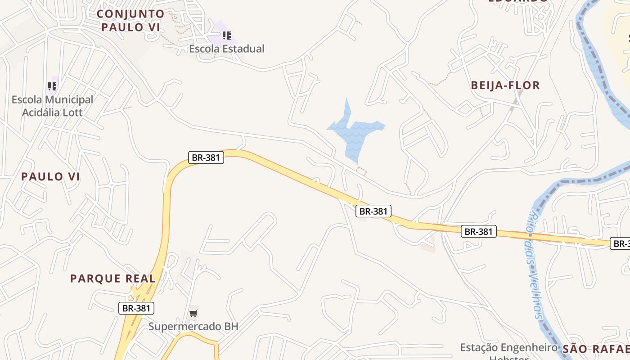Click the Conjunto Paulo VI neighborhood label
click(x=130, y=21)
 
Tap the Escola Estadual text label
click(x=227, y=49)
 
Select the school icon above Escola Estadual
click(x=227, y=35)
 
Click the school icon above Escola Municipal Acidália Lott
click(x=52, y=86)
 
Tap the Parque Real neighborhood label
click(x=112, y=279)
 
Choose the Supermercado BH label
click(x=193, y=326)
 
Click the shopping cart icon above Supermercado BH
click(x=193, y=313)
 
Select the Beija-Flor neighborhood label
click(x=505, y=85)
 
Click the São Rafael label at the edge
click(x=594, y=349)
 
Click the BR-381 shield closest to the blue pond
click(x=373, y=211)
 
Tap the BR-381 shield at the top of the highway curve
click(x=206, y=157)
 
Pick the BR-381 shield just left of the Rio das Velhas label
click(x=479, y=232)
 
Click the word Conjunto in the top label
click(x=130, y=14)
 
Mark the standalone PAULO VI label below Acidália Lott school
click(x=50, y=177)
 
